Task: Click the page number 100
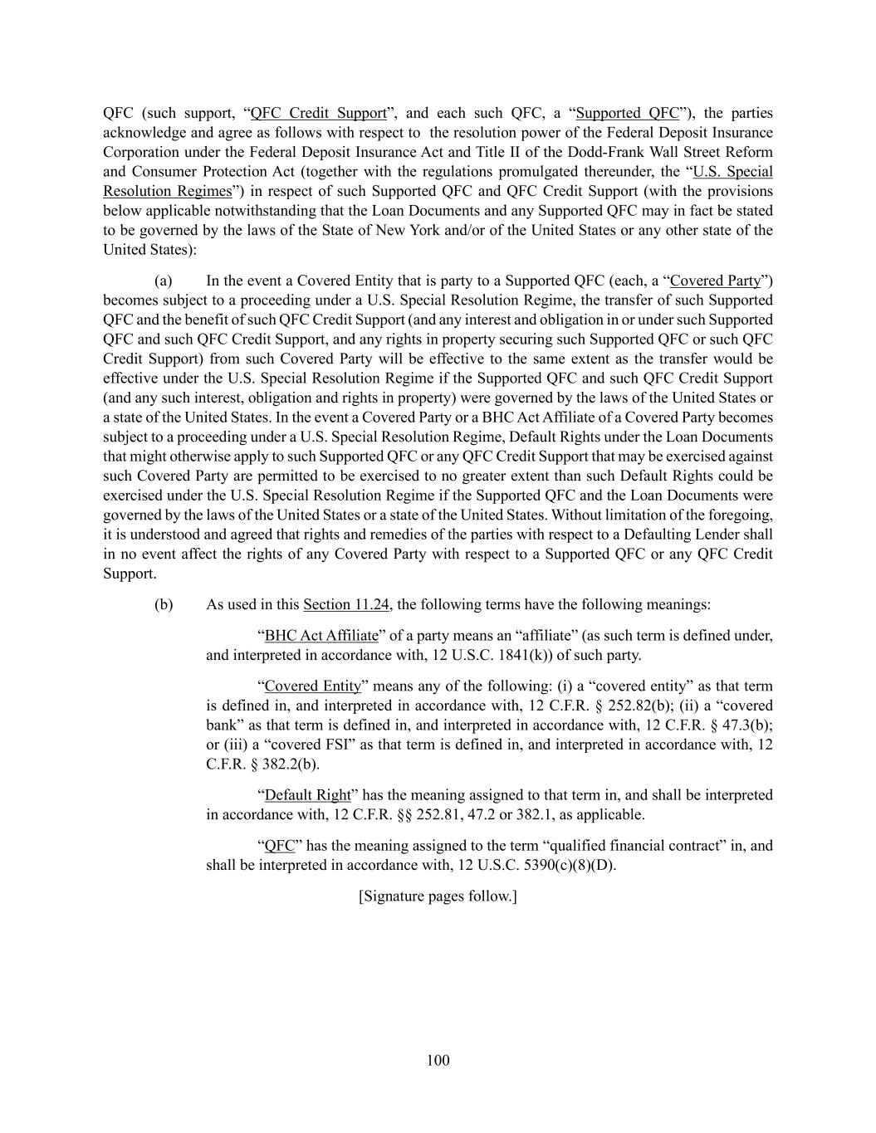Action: click(x=438, y=1060)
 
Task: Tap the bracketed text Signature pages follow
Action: click(x=438, y=896)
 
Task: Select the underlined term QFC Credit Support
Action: click(x=319, y=113)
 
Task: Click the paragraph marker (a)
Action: click(x=164, y=281)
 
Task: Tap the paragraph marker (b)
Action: click(x=164, y=604)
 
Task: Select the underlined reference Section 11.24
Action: click(x=346, y=604)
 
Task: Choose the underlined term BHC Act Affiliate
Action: click(x=321, y=636)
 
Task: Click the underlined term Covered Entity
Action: click(x=313, y=686)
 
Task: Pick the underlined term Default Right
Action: click(x=308, y=795)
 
